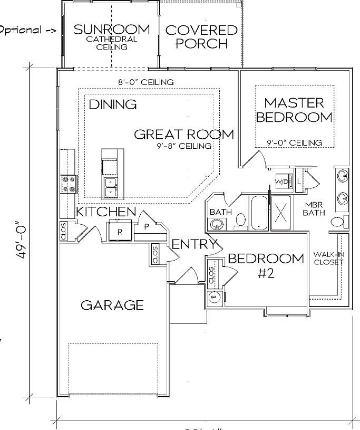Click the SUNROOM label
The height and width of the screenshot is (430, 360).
coord(111,30)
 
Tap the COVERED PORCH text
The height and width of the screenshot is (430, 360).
coord(201,37)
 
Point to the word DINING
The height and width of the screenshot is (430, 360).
coord(112,104)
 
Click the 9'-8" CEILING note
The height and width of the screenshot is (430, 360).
coord(184,146)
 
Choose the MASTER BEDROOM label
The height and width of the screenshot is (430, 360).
coord(294,110)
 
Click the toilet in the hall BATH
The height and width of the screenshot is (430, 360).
coord(241,220)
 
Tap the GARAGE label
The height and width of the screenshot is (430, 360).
coord(112,305)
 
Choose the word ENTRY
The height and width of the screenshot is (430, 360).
coord(194,244)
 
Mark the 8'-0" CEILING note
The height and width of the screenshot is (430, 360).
coord(146,82)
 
